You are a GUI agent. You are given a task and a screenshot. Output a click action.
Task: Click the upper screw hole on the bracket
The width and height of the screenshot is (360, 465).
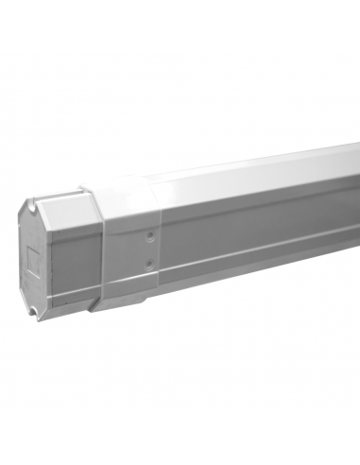tap(147, 231)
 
